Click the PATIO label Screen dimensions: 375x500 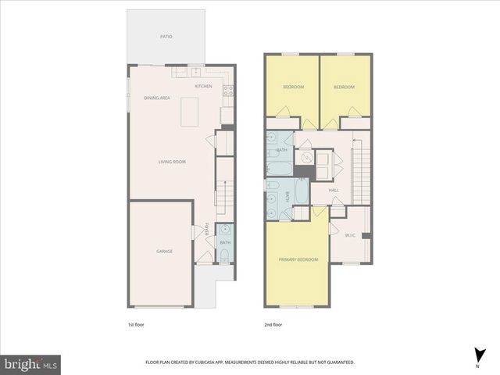tap(166, 37)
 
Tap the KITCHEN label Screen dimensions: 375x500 tap(203, 86)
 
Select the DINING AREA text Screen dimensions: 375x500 tap(157, 98)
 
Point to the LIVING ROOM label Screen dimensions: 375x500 tap(172, 162)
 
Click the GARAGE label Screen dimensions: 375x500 tap(164, 251)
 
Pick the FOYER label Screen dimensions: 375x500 tap(207, 228)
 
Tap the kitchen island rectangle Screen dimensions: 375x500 tap(190, 112)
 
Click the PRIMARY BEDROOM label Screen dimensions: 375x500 tap(298, 259)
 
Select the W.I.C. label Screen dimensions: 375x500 tap(351, 234)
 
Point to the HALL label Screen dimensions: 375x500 tap(334, 190)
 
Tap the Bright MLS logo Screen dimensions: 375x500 tap(30, 363)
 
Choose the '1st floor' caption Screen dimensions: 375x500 tap(136, 323)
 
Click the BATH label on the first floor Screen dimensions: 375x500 tap(225, 243)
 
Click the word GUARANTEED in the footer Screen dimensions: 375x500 tap(337, 362)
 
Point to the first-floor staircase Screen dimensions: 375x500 tap(224, 195)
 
